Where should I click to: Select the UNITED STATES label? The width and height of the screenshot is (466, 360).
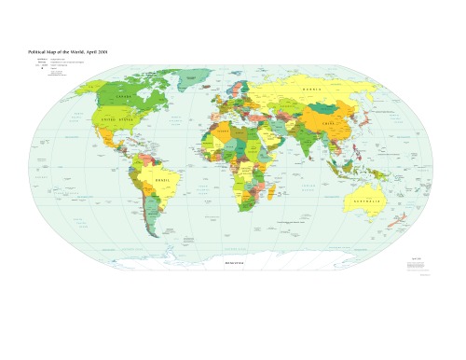(120, 120)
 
